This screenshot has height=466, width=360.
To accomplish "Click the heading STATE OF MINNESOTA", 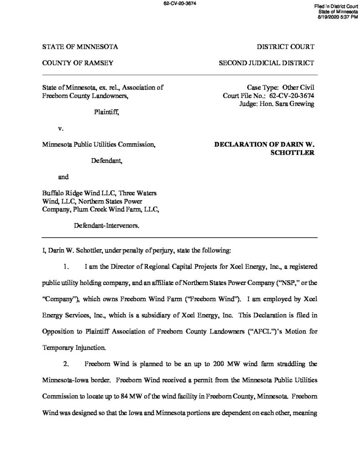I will pos(80,47).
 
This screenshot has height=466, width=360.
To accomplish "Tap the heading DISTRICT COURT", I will pos(285,47).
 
